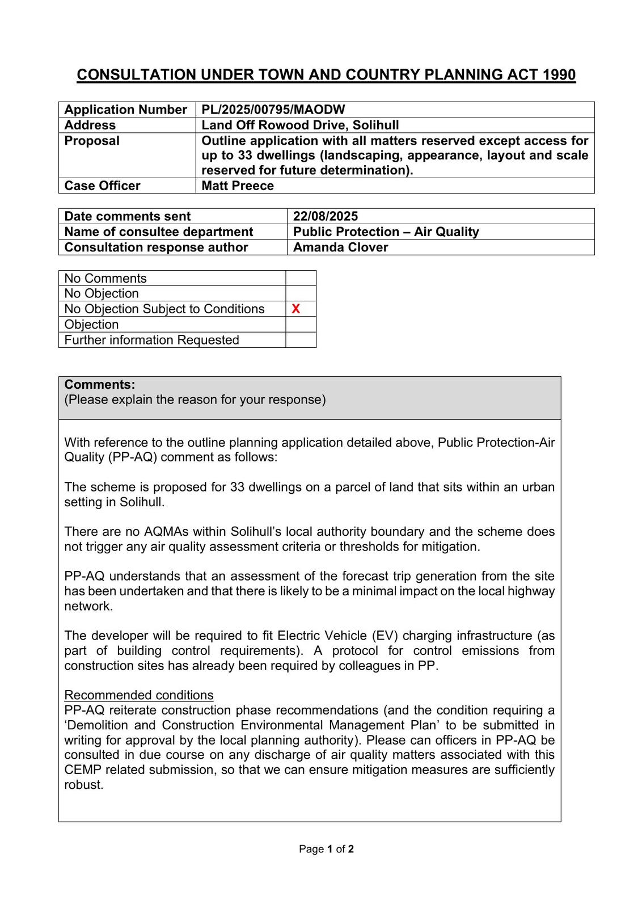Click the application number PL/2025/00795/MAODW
coord(273,110)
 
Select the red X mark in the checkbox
coord(295,309)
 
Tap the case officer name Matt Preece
coord(238,186)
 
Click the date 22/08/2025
coord(326,216)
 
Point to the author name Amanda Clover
coord(340,247)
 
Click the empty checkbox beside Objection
coord(301,325)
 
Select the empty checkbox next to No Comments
coord(301,278)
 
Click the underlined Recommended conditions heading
coord(139,695)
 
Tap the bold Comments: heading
coord(100,385)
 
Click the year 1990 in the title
coord(559,75)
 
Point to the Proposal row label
coord(92,141)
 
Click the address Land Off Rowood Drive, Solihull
coord(300,125)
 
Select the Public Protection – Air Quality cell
coord(386,232)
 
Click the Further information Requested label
coord(151,340)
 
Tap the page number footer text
coord(326,849)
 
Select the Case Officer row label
coord(102,186)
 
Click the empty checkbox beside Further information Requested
coord(301,340)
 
